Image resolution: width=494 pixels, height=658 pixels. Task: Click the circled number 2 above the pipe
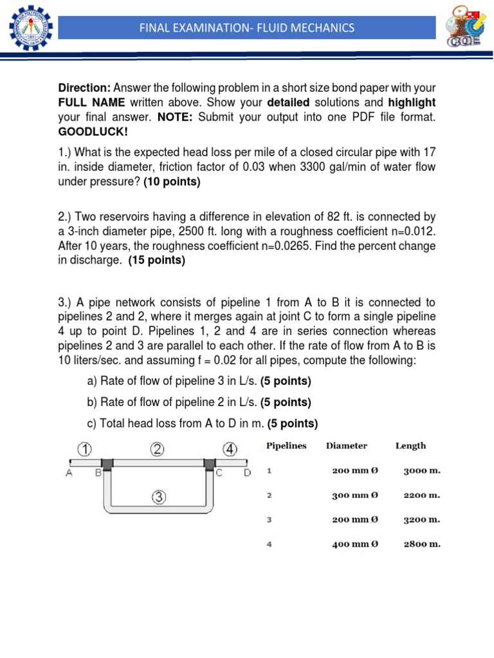coord(158,449)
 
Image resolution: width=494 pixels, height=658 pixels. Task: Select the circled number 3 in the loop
coord(159,496)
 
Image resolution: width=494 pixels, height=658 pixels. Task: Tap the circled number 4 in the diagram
coord(230,449)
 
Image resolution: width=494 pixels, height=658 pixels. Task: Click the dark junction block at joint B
coord(106,463)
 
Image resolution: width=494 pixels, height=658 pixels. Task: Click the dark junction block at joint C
coord(209,463)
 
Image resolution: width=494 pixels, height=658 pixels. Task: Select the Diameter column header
coord(346,445)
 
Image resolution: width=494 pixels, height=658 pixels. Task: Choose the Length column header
coord(410,445)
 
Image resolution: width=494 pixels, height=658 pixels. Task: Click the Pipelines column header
coord(286,445)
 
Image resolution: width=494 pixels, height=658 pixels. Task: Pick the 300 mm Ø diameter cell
coord(355,495)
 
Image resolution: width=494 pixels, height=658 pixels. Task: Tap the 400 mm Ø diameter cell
coord(355,544)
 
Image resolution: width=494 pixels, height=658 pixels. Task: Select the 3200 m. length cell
coord(421,520)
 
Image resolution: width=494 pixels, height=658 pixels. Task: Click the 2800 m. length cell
coord(421,544)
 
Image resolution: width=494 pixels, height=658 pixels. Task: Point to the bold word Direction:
coord(85,87)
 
